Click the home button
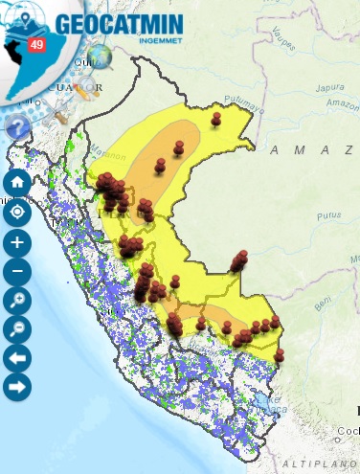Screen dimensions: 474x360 pos(17,182)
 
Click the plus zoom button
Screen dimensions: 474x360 pos(17,241)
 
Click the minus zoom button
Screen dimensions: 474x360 pos(17,271)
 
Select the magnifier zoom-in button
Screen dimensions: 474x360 pos(17,301)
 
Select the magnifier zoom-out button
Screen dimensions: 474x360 pos(17,330)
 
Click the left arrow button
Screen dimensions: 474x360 pos(17,359)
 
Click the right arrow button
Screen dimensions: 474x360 pos(17,388)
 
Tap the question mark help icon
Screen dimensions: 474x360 pos(17,125)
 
